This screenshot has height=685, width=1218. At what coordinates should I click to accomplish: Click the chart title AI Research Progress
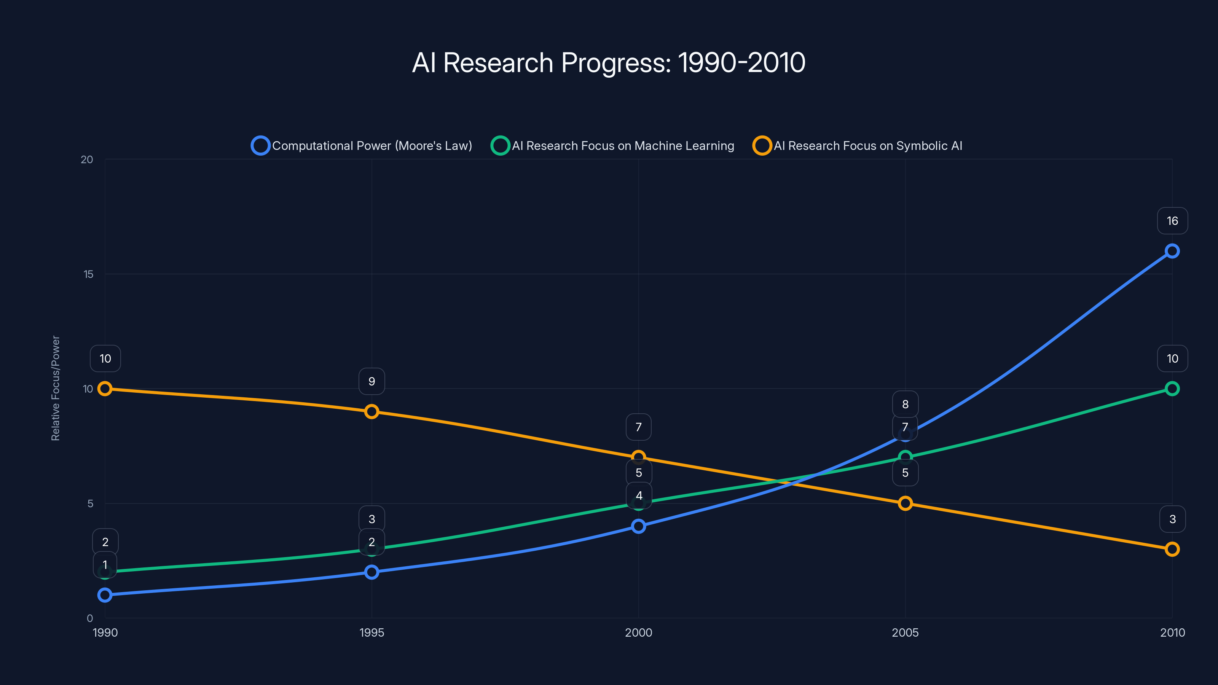pyautogui.click(x=609, y=63)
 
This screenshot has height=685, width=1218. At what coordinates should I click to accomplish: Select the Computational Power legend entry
pyautogui.click(x=362, y=146)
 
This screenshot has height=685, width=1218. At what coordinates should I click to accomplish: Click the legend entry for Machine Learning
pyautogui.click(x=612, y=146)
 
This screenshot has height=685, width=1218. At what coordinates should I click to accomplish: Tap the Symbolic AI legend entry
pyautogui.click(x=857, y=146)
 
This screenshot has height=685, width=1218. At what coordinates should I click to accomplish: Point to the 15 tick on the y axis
pyautogui.click(x=88, y=274)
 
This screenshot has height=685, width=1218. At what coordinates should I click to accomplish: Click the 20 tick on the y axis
pyautogui.click(x=87, y=160)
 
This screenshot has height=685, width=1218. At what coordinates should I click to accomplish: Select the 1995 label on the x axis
pyautogui.click(x=371, y=632)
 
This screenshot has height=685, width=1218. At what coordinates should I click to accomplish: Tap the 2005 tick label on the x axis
pyautogui.click(x=905, y=632)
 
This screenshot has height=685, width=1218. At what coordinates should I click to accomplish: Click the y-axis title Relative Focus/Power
pyautogui.click(x=56, y=388)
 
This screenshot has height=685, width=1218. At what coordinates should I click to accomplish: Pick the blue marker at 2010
pyautogui.click(x=1172, y=251)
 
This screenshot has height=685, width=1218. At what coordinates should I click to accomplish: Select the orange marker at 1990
pyautogui.click(x=105, y=389)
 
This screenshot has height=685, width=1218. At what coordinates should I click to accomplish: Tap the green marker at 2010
pyautogui.click(x=1172, y=389)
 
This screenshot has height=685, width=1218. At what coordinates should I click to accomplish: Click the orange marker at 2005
pyautogui.click(x=905, y=503)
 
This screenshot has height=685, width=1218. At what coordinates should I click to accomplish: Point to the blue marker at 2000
pyautogui.click(x=638, y=526)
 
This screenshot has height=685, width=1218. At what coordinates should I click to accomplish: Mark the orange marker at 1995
pyautogui.click(x=371, y=412)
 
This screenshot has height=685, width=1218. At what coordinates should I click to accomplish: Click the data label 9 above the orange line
pyautogui.click(x=371, y=381)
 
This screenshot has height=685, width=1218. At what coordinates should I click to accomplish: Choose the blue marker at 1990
pyautogui.click(x=105, y=595)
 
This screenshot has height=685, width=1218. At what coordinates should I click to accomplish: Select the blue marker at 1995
pyautogui.click(x=371, y=572)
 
